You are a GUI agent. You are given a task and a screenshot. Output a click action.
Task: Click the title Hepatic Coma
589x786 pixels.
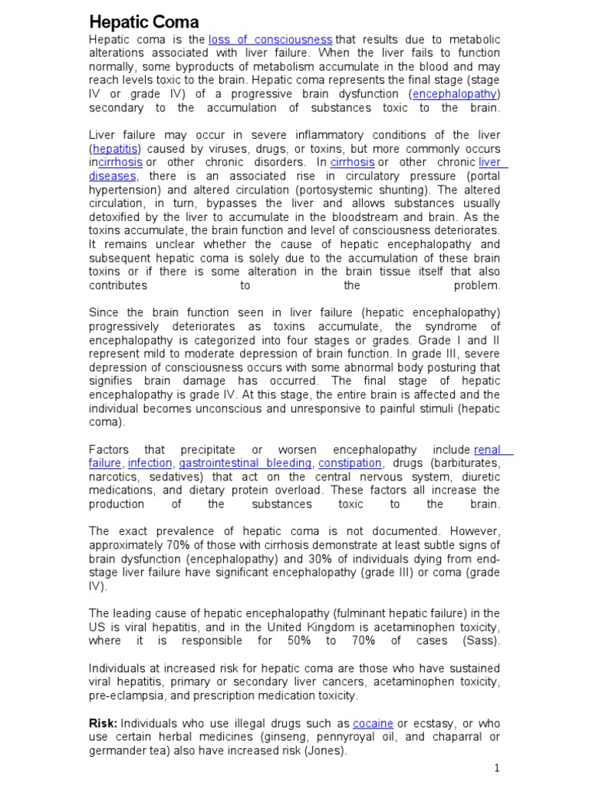pyautogui.click(x=144, y=21)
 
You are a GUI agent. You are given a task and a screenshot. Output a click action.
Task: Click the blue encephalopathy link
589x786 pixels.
pyautogui.click(x=456, y=94)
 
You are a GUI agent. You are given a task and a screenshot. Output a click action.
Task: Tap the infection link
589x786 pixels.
pyautogui.click(x=150, y=463)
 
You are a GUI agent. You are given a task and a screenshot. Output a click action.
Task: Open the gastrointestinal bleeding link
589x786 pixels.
pyautogui.click(x=245, y=463)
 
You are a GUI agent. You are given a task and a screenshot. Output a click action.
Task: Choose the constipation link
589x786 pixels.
pyautogui.click(x=350, y=463)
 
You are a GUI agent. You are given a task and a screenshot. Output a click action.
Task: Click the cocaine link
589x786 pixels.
pyautogui.click(x=373, y=724)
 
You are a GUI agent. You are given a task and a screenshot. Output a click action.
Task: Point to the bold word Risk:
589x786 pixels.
pyautogui.click(x=104, y=724)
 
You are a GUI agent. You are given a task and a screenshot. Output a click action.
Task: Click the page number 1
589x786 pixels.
pyautogui.click(x=497, y=768)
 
